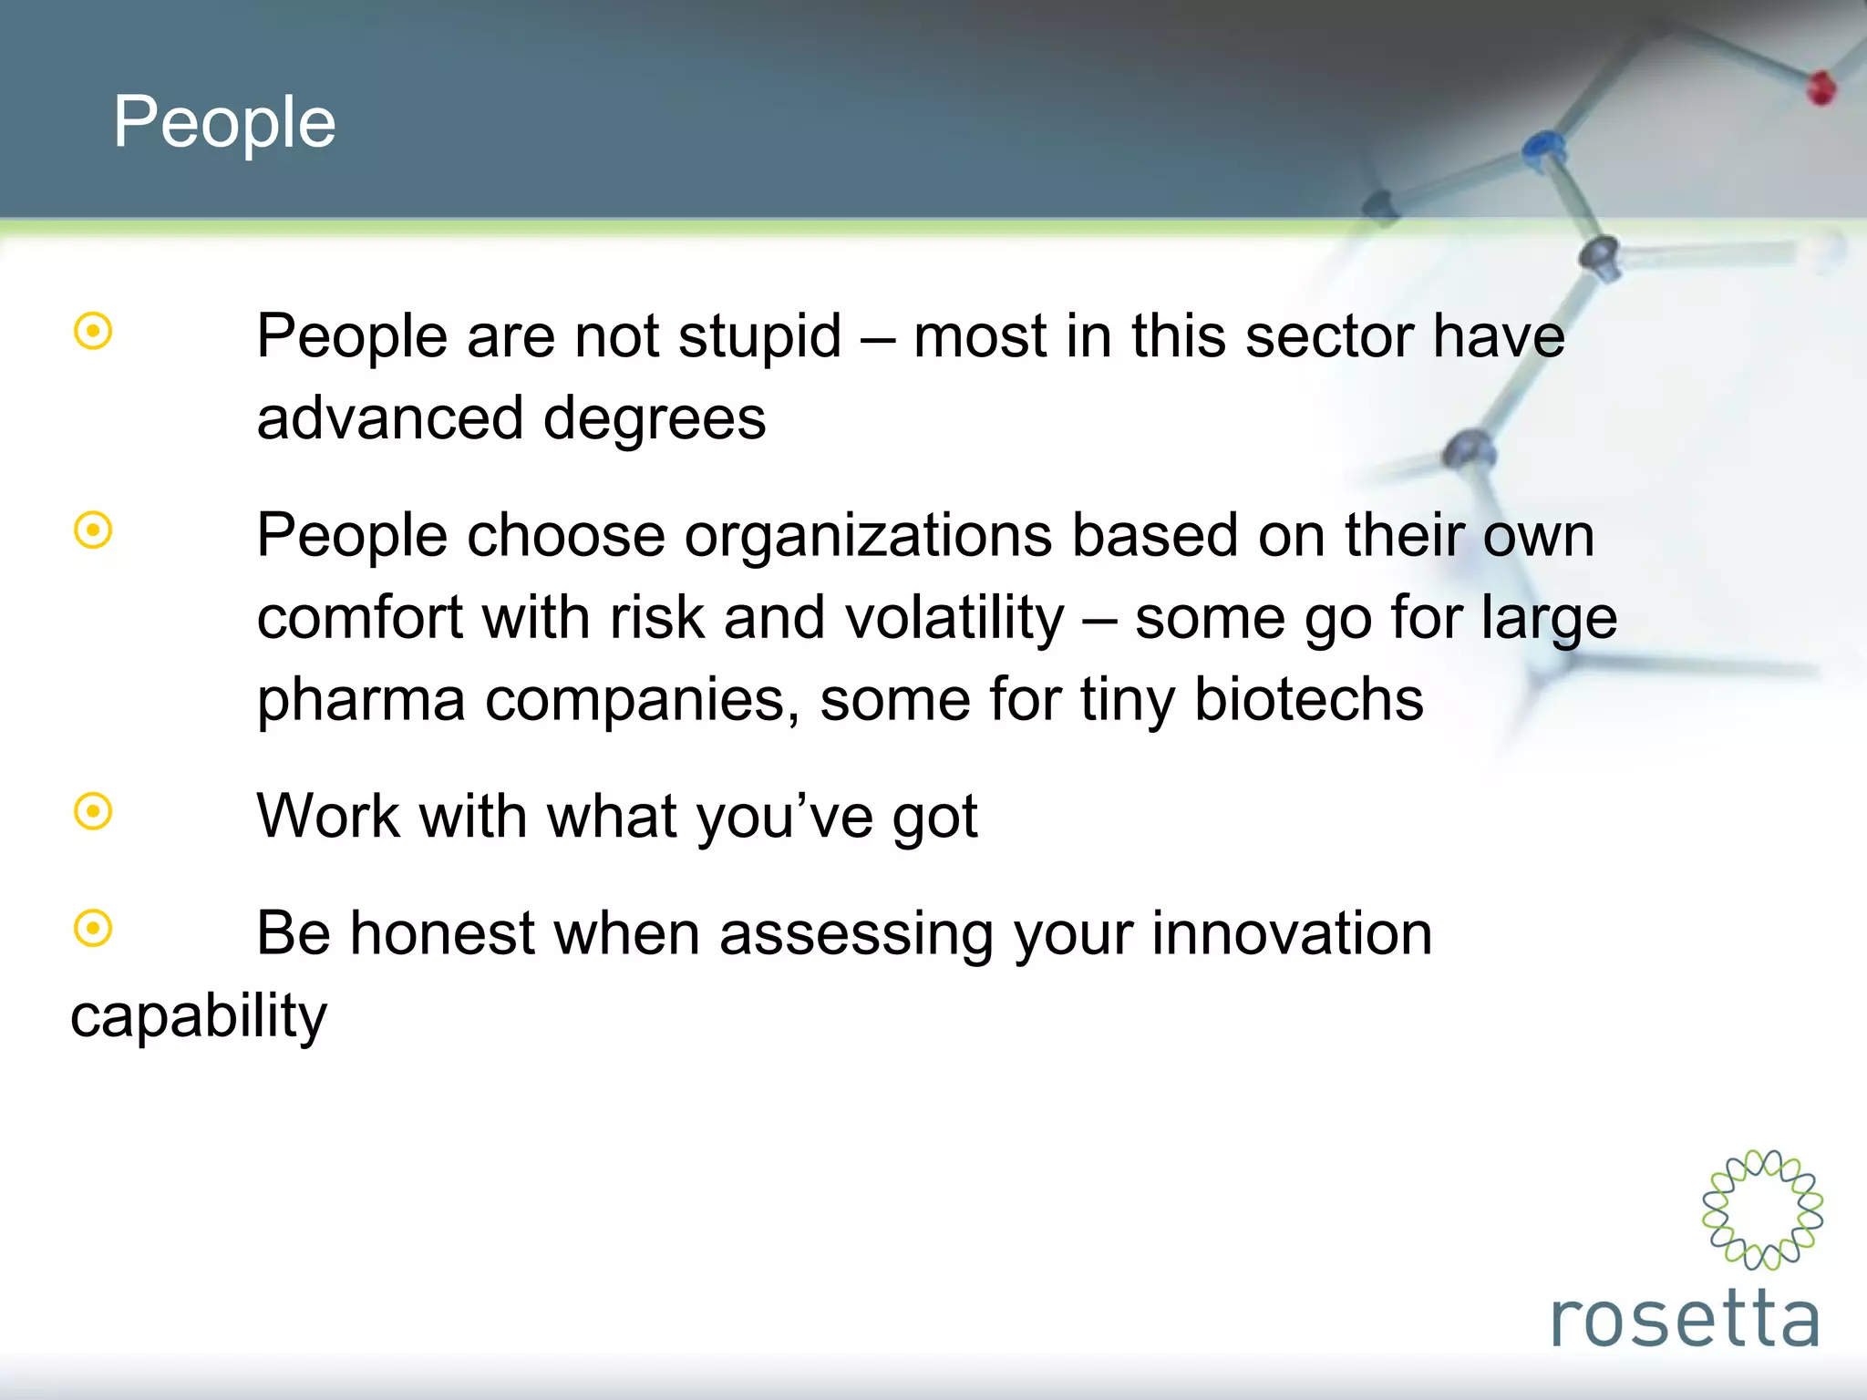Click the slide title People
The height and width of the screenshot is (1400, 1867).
click(x=224, y=122)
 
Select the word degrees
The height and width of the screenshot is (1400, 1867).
click(x=654, y=419)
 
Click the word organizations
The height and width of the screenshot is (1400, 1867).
click(x=868, y=535)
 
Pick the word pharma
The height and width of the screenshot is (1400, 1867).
click(x=361, y=700)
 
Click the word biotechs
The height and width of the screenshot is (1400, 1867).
click(x=1308, y=700)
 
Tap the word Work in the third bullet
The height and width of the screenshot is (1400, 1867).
click(x=328, y=816)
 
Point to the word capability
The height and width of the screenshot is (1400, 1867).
click(x=199, y=1016)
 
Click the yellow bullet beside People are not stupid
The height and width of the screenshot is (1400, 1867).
click(x=93, y=332)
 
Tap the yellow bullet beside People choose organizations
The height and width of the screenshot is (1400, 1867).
click(x=93, y=530)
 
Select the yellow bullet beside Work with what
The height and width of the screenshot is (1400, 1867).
click(x=93, y=811)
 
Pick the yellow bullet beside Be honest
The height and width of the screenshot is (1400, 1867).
click(x=93, y=929)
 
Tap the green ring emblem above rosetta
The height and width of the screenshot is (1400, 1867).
click(x=1762, y=1210)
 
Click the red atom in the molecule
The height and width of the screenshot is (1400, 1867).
click(x=1821, y=87)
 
